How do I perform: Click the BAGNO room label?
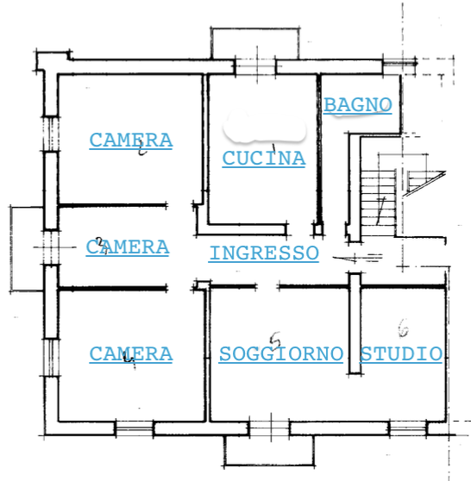pyautogui.click(x=358, y=105)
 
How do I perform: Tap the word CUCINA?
pyautogui.click(x=264, y=159)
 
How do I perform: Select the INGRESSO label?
pyautogui.click(x=264, y=253)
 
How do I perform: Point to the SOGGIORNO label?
pyautogui.click(x=281, y=354)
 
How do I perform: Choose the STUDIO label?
pyautogui.click(x=401, y=354)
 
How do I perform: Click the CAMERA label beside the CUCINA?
pyautogui.click(x=131, y=141)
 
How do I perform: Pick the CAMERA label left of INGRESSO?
pyautogui.click(x=128, y=247)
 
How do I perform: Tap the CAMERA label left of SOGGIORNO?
pyautogui.click(x=131, y=354)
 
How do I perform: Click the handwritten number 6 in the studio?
pyautogui.click(x=403, y=328)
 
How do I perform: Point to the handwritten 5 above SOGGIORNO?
pyautogui.click(x=275, y=340)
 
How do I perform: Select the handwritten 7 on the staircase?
pyautogui.click(x=380, y=210)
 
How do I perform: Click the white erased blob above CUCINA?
pyautogui.click(x=265, y=127)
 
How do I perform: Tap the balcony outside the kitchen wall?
pyautogui.click(x=254, y=44)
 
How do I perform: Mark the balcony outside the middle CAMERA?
pyautogui.click(x=27, y=248)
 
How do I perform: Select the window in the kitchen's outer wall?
pyautogui.click(x=255, y=66)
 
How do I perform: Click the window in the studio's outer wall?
pyautogui.click(x=408, y=428)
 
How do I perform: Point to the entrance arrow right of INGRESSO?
pyautogui.click(x=358, y=257)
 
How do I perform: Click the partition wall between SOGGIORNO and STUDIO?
pyautogui.click(x=355, y=323)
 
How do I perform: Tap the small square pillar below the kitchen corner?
pyautogui.click(x=318, y=229)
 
